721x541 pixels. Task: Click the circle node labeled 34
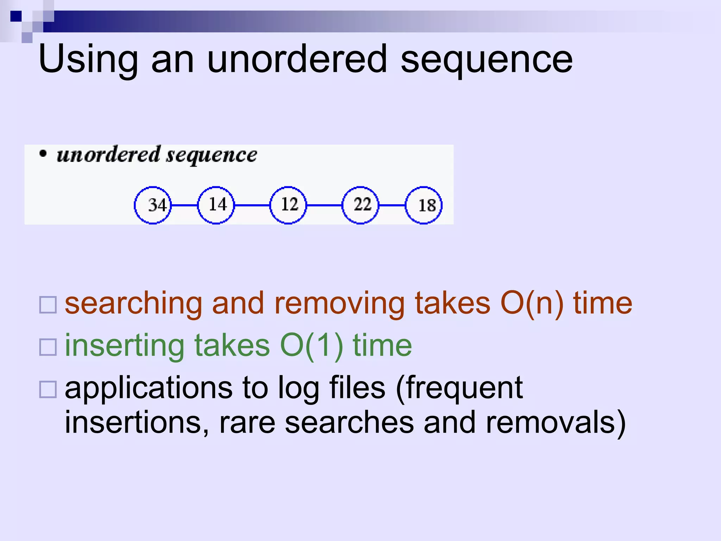(153, 205)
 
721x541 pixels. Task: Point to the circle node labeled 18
(424, 205)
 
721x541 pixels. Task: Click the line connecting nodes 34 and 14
(184, 205)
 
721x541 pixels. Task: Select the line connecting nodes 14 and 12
(252, 205)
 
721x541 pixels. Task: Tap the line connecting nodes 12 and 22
(324, 205)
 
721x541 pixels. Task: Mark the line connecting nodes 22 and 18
(392, 205)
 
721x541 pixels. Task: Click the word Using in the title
(88, 60)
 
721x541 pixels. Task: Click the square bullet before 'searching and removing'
(48, 305)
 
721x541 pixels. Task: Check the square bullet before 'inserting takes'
(48, 347)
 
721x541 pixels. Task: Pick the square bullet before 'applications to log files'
(48, 389)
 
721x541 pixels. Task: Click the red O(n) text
(532, 304)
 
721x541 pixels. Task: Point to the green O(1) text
(312, 346)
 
